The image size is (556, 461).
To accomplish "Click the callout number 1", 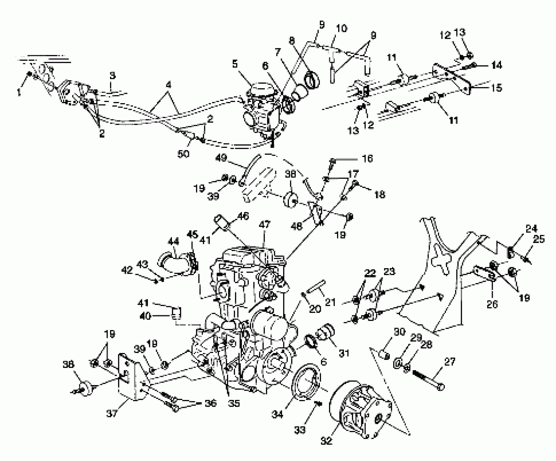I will [19, 93].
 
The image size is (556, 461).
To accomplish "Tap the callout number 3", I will [112, 76].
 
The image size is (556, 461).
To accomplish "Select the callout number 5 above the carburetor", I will [235, 64].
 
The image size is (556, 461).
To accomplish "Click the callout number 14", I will [496, 65].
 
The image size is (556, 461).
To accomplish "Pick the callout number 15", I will [496, 88].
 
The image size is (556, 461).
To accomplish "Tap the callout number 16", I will [367, 158].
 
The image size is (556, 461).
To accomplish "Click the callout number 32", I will [326, 441].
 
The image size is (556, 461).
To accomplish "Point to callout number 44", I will [174, 241].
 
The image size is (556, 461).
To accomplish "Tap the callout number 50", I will [183, 154].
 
